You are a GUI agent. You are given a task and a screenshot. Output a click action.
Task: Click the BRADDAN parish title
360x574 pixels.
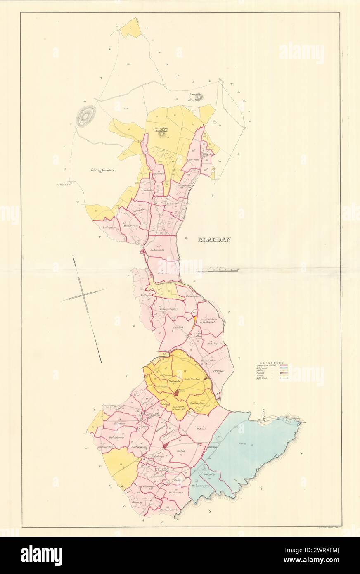pos(214,240)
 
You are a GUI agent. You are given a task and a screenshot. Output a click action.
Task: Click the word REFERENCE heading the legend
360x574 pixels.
pos(271,362)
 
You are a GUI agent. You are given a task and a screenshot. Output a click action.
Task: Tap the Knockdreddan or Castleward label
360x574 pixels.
pos(210,321)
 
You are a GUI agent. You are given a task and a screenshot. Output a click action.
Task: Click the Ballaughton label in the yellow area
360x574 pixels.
pos(199,403)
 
